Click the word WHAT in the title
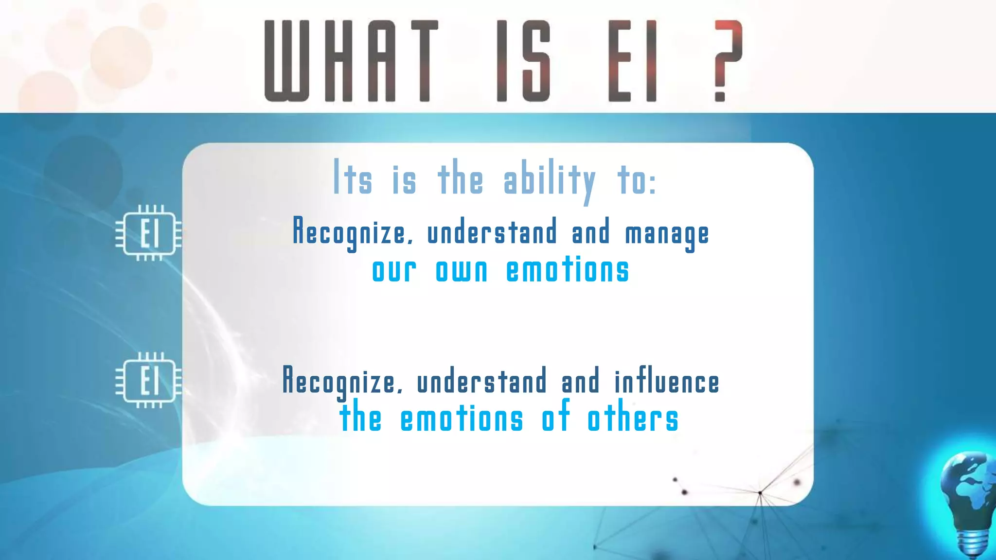pos(351,61)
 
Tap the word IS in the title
pos(523,61)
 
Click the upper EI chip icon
pos(149,233)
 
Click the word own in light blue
pos(462,271)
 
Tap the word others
pos(633,420)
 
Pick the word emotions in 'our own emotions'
pos(568,271)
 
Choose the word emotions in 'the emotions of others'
pos(462,420)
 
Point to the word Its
pos(353,179)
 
